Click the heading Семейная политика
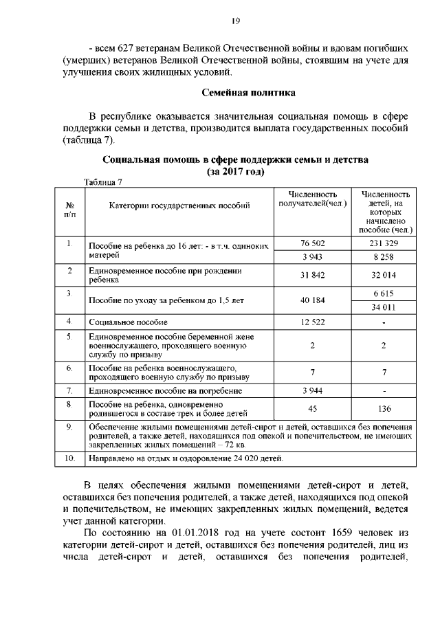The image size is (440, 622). pyautogui.click(x=249, y=92)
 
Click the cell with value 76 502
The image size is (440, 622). pyautogui.click(x=312, y=243)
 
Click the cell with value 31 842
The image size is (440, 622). pyautogui.click(x=312, y=276)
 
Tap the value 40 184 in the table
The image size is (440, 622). pyautogui.click(x=312, y=300)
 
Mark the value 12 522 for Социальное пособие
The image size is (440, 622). pyautogui.click(x=312, y=322)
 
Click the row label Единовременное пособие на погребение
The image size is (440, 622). pyautogui.click(x=150, y=390)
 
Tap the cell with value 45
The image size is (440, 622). pyautogui.click(x=312, y=409)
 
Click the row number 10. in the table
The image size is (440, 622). pyautogui.click(x=69, y=457)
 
